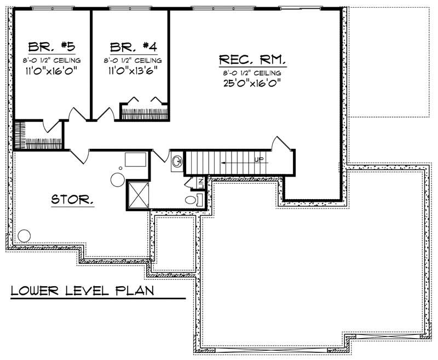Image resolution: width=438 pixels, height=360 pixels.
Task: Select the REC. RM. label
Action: [x=252, y=59]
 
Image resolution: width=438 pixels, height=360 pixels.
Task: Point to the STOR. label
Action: [x=72, y=200]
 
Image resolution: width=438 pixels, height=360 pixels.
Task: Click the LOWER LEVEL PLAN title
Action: [x=83, y=289]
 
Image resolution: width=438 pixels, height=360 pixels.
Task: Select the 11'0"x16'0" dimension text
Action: [x=51, y=69]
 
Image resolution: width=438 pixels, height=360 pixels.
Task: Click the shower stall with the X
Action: [x=138, y=194]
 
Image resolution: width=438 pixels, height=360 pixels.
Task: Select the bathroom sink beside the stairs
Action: [x=177, y=161]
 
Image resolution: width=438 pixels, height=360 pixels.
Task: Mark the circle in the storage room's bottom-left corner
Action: [x=24, y=236]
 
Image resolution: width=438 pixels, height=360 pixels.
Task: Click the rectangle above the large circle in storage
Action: [x=135, y=159]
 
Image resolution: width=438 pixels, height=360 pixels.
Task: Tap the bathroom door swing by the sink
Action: [x=159, y=155]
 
